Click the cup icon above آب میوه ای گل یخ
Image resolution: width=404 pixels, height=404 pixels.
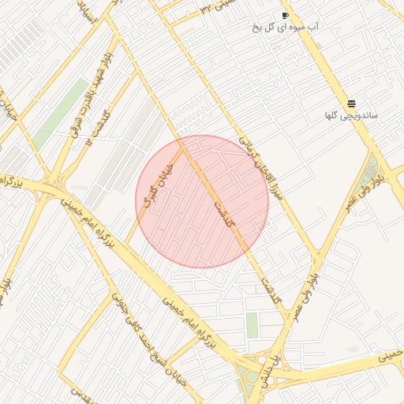coord(285,16)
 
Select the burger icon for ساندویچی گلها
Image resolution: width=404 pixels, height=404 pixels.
coord(351,103)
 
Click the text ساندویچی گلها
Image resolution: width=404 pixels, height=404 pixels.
coord(351,115)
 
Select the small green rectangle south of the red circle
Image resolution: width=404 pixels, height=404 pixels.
coord(252,324)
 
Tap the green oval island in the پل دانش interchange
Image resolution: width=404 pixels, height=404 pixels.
coord(252,376)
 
